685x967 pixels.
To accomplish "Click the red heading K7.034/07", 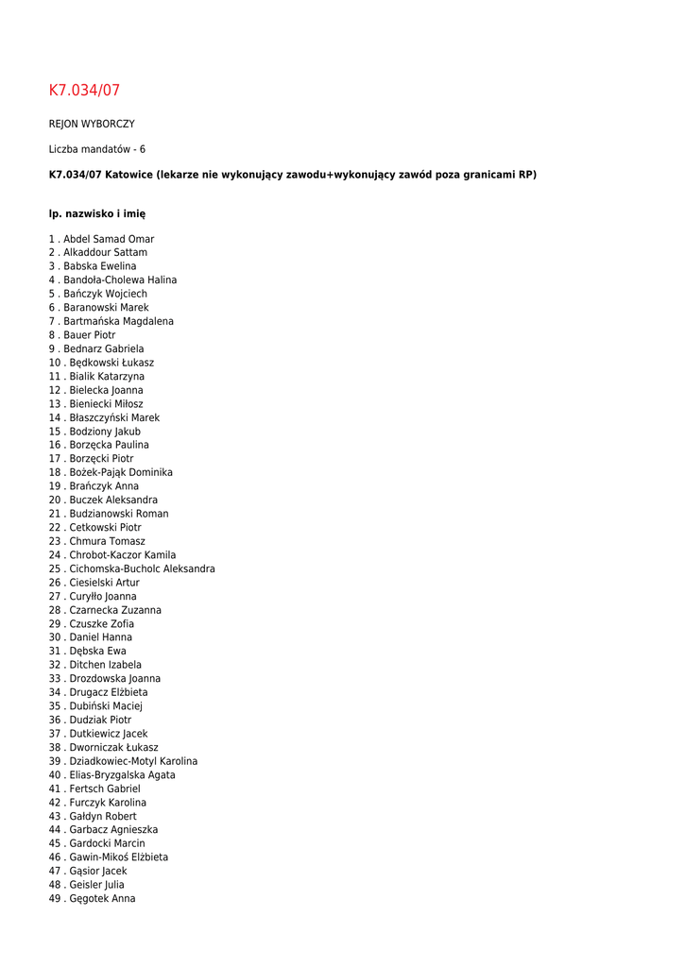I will click(84, 91).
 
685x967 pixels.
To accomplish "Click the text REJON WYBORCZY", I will click(92, 124).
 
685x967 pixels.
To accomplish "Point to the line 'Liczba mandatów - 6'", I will click(97, 149).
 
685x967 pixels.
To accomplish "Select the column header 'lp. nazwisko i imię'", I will click(97, 214).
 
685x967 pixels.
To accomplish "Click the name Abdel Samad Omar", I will click(108, 239).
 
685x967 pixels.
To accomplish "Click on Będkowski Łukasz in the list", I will click(111, 363).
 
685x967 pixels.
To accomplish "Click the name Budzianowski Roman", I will click(119, 514).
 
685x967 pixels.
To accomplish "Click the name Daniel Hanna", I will click(101, 637).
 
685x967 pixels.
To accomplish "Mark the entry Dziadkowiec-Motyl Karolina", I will click(133, 761).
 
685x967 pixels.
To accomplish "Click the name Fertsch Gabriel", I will click(105, 789).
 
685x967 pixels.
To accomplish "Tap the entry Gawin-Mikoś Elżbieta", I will click(119, 857).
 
